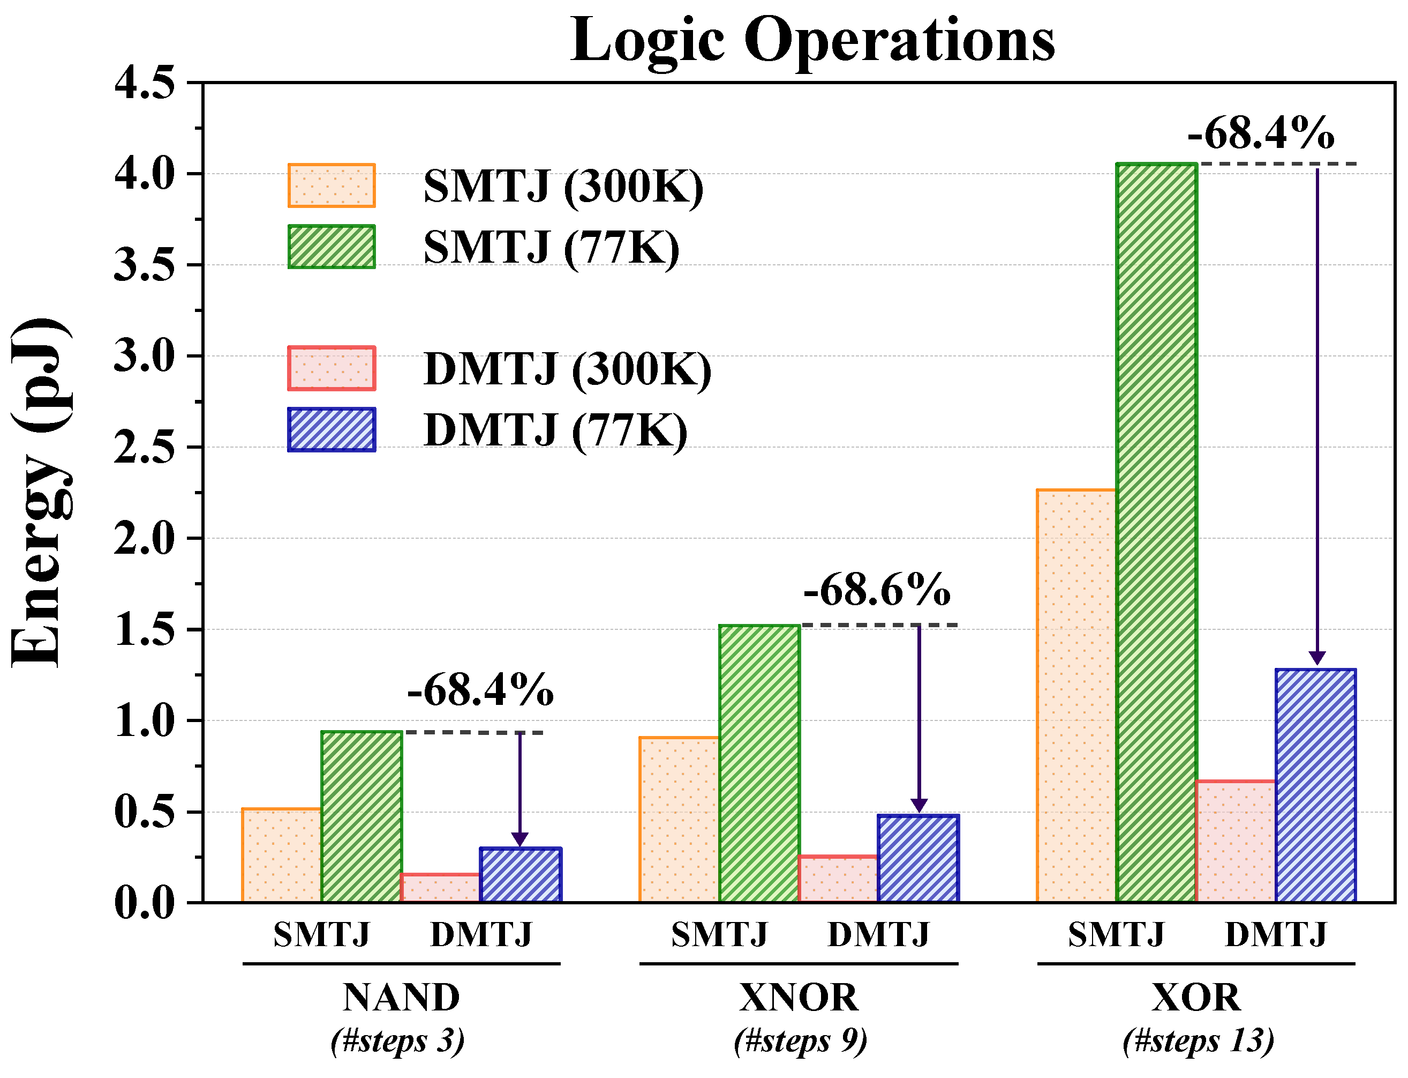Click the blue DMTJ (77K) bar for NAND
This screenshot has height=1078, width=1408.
click(520, 875)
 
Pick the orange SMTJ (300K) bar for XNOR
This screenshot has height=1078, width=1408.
click(679, 820)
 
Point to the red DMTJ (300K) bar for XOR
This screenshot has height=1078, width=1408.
click(1235, 841)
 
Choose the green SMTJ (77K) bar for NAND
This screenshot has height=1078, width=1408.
click(362, 816)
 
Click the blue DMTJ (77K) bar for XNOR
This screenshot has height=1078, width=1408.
click(917, 859)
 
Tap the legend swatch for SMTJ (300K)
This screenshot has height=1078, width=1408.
click(331, 185)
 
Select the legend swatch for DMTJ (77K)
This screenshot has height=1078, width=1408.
click(331, 429)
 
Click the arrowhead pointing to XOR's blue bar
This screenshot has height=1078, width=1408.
click(1317, 658)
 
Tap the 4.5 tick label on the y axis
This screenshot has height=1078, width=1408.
click(144, 84)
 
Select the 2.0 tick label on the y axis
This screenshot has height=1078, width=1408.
click(144, 538)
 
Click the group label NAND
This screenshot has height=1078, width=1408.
click(401, 997)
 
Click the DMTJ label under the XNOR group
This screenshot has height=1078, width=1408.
click(878, 934)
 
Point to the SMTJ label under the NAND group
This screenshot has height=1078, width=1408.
click(321, 934)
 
